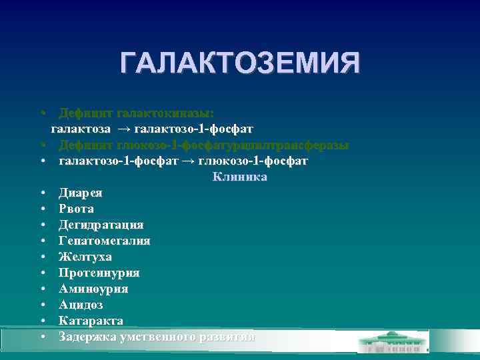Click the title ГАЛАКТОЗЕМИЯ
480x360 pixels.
[x=240, y=63]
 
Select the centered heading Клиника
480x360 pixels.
[x=240, y=177]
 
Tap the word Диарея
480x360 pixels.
[x=81, y=193]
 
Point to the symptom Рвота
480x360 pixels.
[x=76, y=209]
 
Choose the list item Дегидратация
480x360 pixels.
[x=101, y=225]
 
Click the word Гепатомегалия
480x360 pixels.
[x=104, y=241]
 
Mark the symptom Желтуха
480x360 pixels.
[x=85, y=257]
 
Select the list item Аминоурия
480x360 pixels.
[x=93, y=289]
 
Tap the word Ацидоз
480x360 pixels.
[x=81, y=305]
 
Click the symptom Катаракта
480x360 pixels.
[x=91, y=321]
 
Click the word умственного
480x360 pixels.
[x=157, y=337]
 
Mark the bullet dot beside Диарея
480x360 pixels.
[x=42, y=193]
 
